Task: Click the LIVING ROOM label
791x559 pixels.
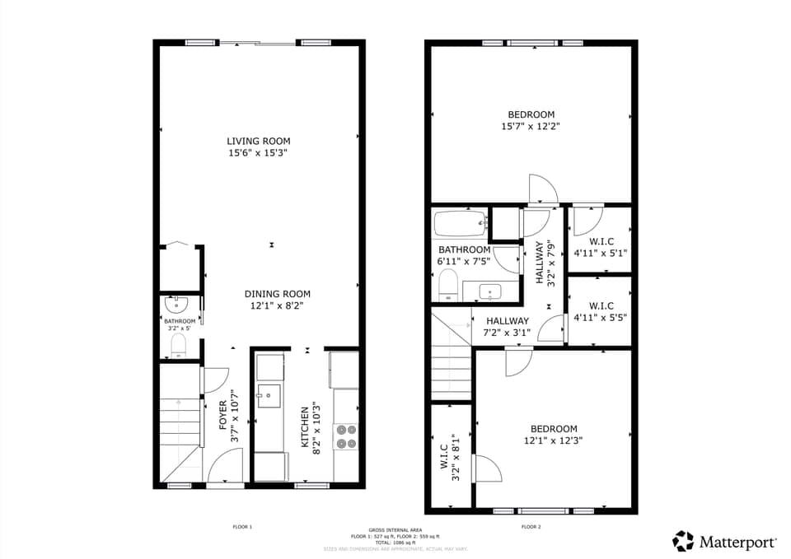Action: tap(259, 141)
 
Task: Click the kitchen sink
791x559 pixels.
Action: tap(269, 396)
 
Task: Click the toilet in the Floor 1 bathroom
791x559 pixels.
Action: tap(179, 344)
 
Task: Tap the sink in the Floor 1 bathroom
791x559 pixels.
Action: tap(177, 304)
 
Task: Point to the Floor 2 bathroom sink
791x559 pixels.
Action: tap(490, 291)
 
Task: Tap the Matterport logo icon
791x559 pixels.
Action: tap(683, 541)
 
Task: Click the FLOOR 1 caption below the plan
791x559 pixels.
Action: tap(242, 526)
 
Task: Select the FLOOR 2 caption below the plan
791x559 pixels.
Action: tap(531, 526)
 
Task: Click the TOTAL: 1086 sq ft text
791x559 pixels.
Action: tap(395, 542)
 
